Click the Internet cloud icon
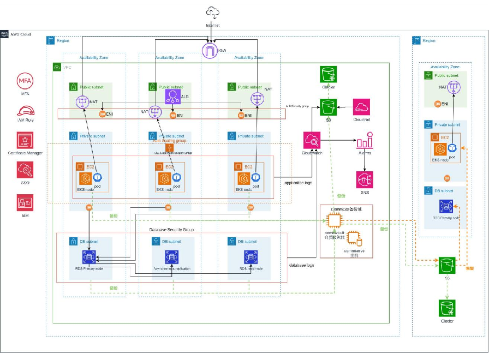(x=213, y=13)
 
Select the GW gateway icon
(x=210, y=51)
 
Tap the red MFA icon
(x=25, y=81)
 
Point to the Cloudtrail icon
(x=361, y=107)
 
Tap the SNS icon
(x=364, y=180)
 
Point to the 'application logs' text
(x=298, y=183)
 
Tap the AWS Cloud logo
(x=5, y=34)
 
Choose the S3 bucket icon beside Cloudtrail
(x=329, y=107)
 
